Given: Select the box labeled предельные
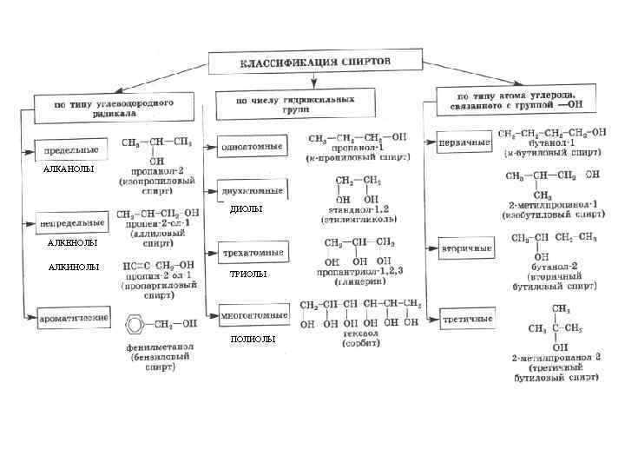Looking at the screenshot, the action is coord(71,150).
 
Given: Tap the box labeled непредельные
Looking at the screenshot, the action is coord(71,223).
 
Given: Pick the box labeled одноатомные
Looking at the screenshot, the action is coord(253,146).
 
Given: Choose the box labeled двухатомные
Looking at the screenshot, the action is coord(253,190).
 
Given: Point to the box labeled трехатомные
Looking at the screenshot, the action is coord(253,253).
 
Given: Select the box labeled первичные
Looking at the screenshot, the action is coord(466,139).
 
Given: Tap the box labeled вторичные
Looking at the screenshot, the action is coord(466,248).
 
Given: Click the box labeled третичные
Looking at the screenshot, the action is coord(466,319).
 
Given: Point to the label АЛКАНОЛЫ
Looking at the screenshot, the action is coord(69,169).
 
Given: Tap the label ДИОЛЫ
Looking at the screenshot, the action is coord(246,209).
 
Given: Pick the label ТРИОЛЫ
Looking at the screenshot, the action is coord(247,274).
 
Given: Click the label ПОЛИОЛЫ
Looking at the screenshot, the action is coord(253,339).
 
